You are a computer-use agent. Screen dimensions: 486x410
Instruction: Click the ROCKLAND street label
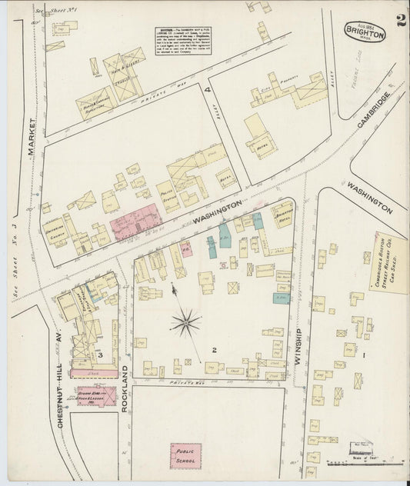coord(124,388)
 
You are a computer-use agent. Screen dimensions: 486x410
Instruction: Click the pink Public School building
coord(185,454)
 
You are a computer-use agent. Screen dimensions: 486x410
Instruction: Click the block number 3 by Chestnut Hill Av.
coord(100,355)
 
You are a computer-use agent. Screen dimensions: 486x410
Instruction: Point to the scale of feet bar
coord(362,463)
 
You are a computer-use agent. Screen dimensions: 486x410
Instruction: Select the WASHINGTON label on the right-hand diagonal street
coord(369,196)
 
